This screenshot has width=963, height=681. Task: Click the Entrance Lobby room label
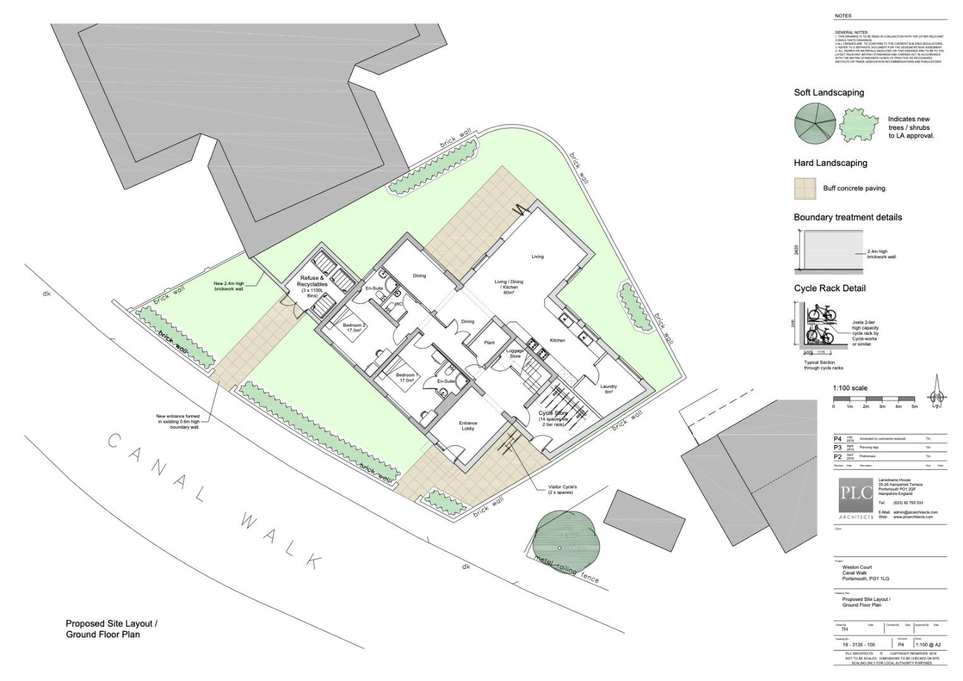[468, 426]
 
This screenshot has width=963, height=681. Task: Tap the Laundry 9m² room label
[608, 389]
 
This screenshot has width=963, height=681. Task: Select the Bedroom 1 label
[406, 378]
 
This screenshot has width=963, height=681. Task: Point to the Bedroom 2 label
[354, 328]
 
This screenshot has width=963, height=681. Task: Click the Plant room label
[489, 343]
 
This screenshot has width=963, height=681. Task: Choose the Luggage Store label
[515, 353]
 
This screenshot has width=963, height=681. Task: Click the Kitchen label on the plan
[557, 340]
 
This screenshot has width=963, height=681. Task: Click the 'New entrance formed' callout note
[178, 422]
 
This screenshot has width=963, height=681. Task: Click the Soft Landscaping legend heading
[829, 93]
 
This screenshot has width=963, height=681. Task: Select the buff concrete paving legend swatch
[805, 188]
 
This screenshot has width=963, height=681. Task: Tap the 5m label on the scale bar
[914, 407]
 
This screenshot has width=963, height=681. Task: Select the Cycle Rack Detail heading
[829, 288]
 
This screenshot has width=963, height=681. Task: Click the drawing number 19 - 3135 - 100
[858, 644]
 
